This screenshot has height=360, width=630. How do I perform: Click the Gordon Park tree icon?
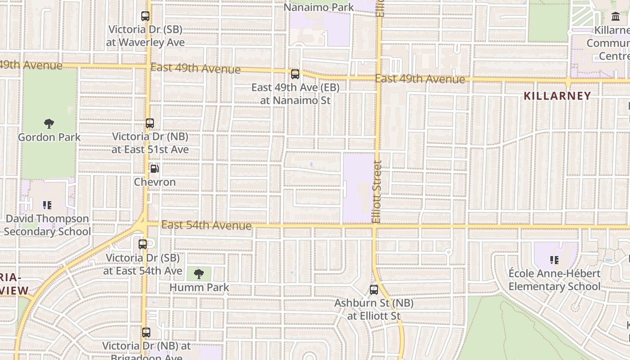(49, 123)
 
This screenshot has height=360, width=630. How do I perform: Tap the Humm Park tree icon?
(198, 273)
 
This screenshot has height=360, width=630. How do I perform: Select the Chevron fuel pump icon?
(154, 169)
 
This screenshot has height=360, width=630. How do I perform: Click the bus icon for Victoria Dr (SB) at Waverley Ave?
(145, 16)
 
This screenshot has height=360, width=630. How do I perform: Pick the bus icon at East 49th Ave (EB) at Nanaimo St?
(295, 74)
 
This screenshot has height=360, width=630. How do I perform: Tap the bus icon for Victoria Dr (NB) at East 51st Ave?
(150, 123)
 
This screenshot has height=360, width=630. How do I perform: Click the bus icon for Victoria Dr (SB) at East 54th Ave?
(143, 244)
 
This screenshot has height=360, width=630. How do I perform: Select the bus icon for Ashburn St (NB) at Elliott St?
(374, 290)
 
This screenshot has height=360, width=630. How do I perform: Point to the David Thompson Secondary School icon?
(47, 205)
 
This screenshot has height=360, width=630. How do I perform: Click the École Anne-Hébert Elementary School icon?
(554, 260)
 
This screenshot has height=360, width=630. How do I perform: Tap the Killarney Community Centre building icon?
(616, 17)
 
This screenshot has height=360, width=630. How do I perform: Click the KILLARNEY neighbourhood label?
(558, 96)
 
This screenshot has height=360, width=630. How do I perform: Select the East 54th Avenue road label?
(206, 225)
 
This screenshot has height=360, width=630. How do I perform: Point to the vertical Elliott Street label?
(377, 192)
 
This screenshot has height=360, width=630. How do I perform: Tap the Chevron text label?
(155, 182)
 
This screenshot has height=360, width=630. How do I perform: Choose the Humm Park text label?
(199, 287)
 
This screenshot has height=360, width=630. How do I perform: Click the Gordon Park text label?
(49, 137)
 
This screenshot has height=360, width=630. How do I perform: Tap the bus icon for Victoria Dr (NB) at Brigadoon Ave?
(146, 333)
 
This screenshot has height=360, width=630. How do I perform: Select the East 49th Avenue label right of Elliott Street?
(420, 79)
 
